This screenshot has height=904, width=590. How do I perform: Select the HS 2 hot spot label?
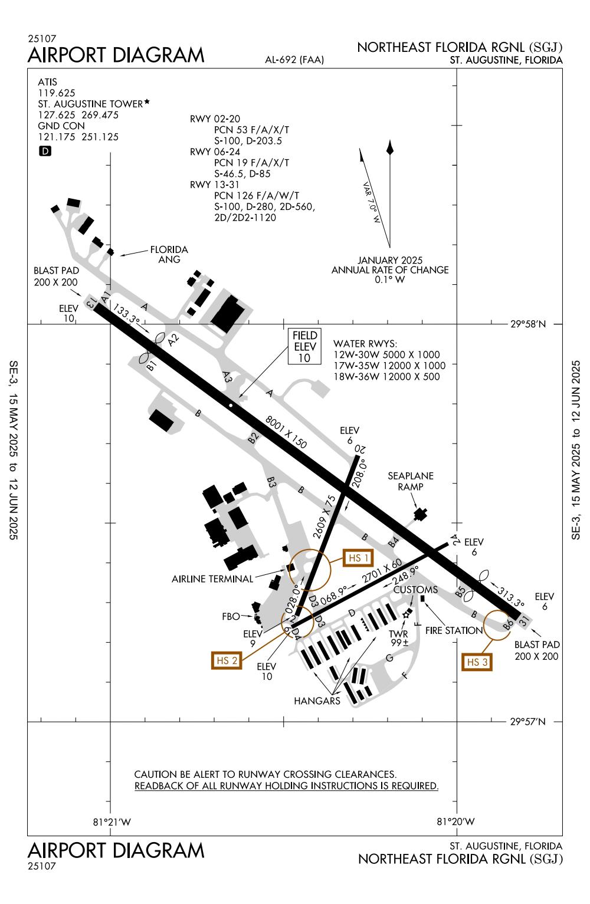pyautogui.click(x=227, y=660)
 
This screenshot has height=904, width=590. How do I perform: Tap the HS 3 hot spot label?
pyautogui.click(x=477, y=662)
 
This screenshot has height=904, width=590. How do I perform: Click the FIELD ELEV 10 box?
pyautogui.click(x=305, y=346)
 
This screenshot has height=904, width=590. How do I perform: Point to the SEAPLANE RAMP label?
pyautogui.click(x=411, y=481)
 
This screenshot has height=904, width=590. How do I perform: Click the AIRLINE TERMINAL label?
pyautogui.click(x=212, y=579)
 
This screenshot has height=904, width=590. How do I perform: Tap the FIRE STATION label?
pyautogui.click(x=455, y=630)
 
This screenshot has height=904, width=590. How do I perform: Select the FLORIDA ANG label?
pyautogui.click(x=169, y=255)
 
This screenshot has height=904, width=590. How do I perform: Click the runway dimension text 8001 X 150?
pyautogui.click(x=287, y=432)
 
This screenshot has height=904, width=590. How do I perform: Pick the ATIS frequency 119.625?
pyautogui.click(x=57, y=93)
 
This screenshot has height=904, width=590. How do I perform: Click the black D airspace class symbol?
pyautogui.click(x=45, y=151)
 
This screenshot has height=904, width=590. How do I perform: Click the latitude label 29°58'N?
pyautogui.click(x=528, y=324)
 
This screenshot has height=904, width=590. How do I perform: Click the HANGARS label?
pyautogui.click(x=318, y=701)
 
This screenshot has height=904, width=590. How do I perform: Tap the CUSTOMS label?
pyautogui.click(x=415, y=590)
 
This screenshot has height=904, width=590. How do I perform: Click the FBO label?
pyautogui.click(x=231, y=617)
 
